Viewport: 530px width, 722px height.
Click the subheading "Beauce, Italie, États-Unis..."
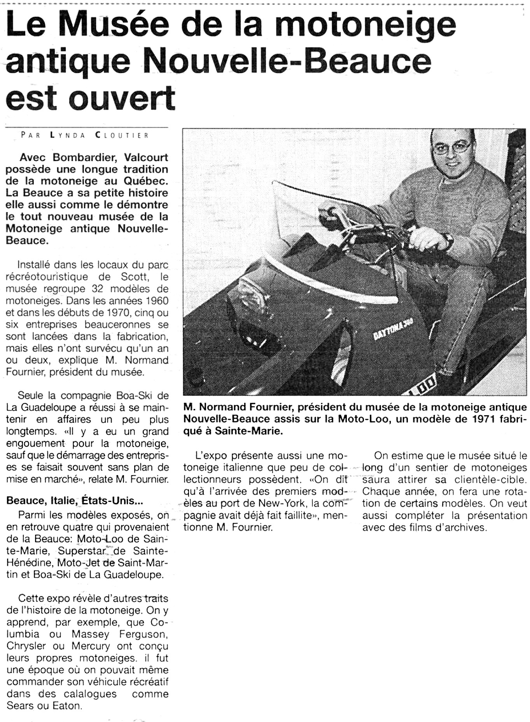pos(75,501)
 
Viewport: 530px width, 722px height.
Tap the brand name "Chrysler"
pos(26,646)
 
